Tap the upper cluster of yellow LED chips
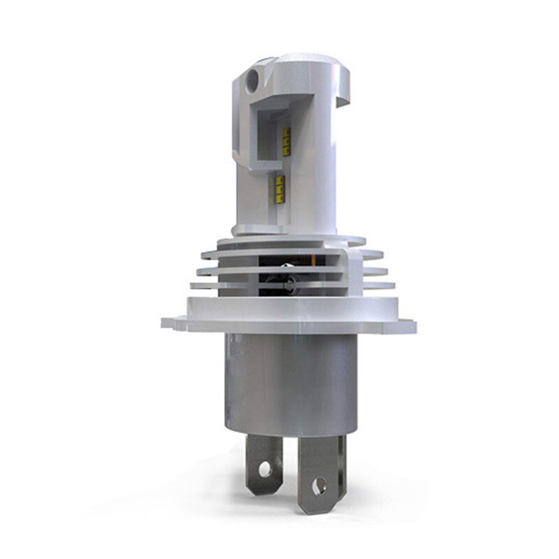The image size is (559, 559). coord(286,138)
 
